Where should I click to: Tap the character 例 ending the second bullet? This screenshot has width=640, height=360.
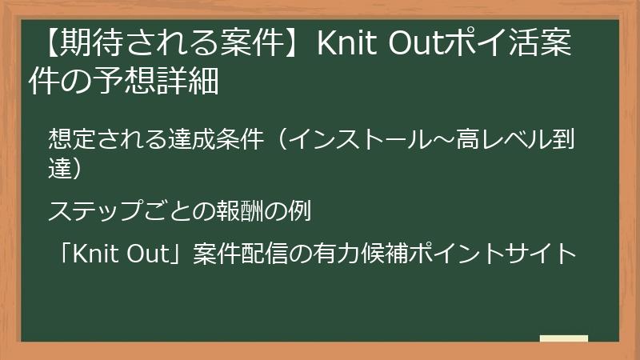tap(299, 211)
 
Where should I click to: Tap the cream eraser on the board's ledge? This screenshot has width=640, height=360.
tap(563, 339)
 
